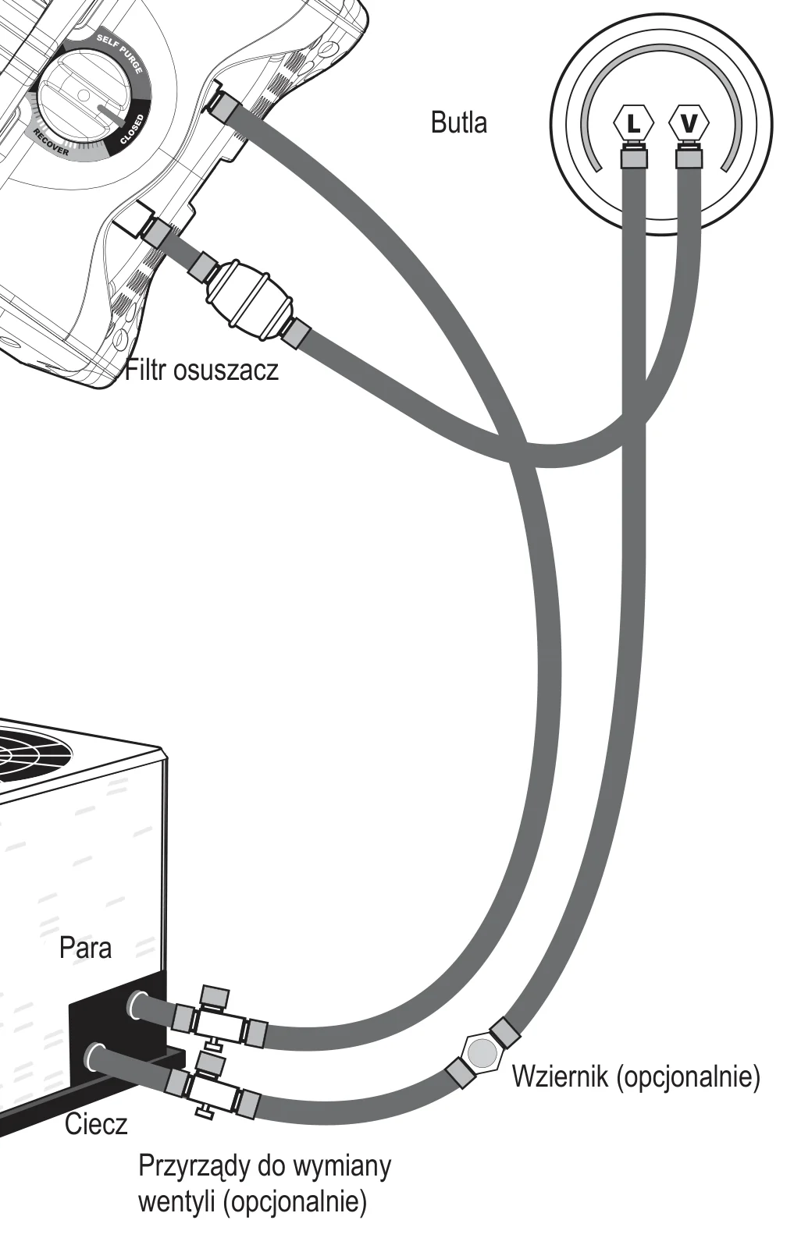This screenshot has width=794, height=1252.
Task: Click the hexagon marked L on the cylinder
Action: [633, 123]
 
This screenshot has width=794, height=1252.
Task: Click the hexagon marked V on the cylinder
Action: [689, 123]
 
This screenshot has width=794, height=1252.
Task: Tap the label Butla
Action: [459, 122]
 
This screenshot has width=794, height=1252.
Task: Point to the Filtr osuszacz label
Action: [201, 370]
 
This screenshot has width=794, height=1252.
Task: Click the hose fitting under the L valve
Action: [634, 156]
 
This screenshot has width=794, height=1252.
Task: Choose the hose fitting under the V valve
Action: [689, 156]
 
